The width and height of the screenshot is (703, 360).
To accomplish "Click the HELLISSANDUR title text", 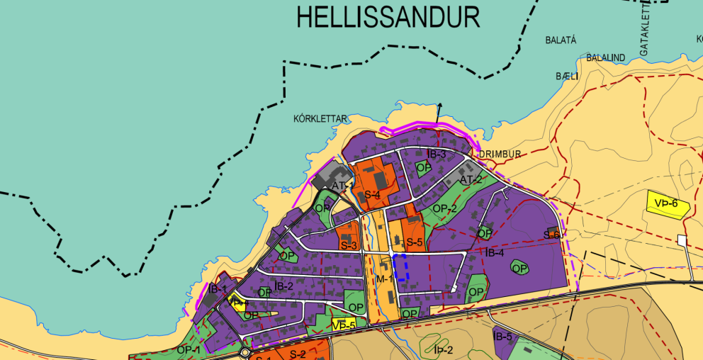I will tap(388, 17).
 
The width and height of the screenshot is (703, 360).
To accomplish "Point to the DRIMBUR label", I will tap(500, 154).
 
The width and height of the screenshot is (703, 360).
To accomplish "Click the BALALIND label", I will tap(605, 57).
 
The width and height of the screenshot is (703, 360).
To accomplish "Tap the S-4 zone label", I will tap(373, 195).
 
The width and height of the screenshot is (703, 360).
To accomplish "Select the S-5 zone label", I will tap(415, 242).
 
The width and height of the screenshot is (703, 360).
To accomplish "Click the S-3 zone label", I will tap(348, 245).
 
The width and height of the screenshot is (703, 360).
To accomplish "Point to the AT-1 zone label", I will tap(343, 186).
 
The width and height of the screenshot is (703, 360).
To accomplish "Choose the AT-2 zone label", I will tap(471, 180).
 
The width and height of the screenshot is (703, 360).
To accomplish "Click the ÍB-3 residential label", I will tap(437, 154).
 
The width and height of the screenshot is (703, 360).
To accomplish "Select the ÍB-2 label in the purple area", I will tap(283, 286).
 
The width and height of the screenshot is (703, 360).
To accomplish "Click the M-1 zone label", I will tap(384, 279).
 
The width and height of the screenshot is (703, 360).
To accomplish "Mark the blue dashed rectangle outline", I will tap(401, 268).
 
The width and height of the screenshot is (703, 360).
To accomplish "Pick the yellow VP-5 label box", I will tap(343, 325).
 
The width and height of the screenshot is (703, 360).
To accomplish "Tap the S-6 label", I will tap(552, 235).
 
